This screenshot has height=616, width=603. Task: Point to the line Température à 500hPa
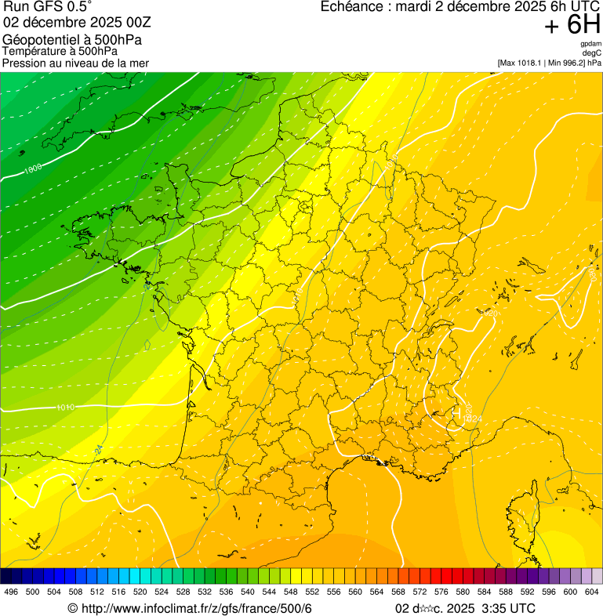coord(65,51)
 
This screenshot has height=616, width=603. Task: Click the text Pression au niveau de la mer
coord(75,63)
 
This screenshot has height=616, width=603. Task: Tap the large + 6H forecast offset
coord(572,26)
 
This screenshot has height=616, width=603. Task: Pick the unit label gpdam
coord(590,44)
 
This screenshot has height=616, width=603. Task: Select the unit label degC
coord(592,53)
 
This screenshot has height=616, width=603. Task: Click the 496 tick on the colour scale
coord(11,592)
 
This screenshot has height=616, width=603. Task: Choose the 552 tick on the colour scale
coord(311,592)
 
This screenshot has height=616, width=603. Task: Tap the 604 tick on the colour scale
coord(591,592)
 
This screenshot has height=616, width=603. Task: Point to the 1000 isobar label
coord(33,168)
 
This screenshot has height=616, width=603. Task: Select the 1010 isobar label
coord(66,408)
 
